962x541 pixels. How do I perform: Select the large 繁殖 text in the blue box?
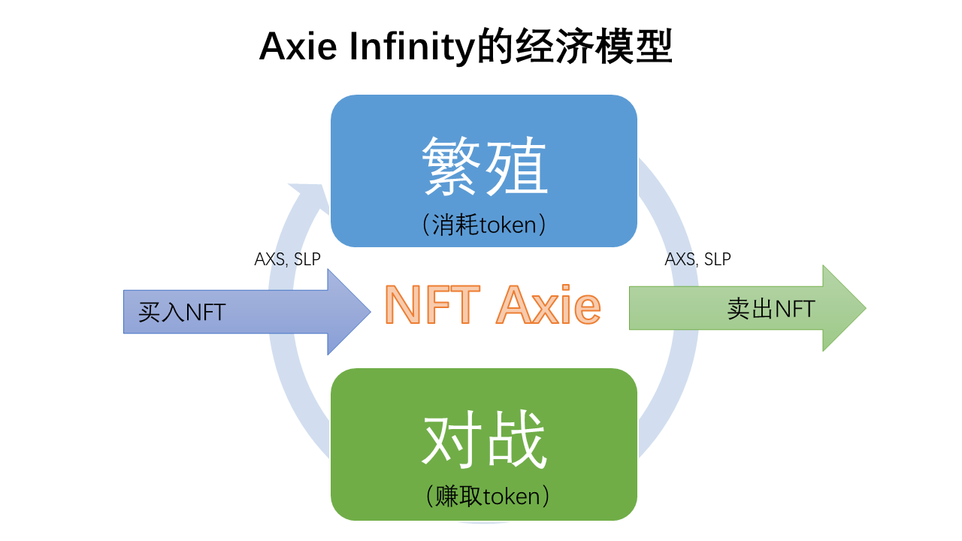pyautogui.click(x=484, y=166)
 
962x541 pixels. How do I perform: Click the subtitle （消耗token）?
pyautogui.click(x=484, y=225)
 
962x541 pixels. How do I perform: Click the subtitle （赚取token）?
pyautogui.click(x=484, y=497)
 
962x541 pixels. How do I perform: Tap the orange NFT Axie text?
pyautogui.click(x=492, y=305)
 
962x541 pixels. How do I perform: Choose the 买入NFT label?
pyautogui.click(x=182, y=312)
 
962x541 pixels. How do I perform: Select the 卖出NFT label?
pyautogui.click(x=771, y=308)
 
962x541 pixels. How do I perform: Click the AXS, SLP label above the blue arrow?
pyautogui.click(x=287, y=259)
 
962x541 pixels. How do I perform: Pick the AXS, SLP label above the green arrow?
pyautogui.click(x=697, y=259)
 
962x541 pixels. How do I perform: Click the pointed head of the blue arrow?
pyautogui.click(x=350, y=311)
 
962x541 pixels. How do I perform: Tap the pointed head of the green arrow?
pyautogui.click(x=846, y=307)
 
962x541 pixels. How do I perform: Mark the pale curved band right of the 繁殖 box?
pyautogui.click(x=669, y=218)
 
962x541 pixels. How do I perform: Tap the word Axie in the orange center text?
pyautogui.click(x=548, y=305)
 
